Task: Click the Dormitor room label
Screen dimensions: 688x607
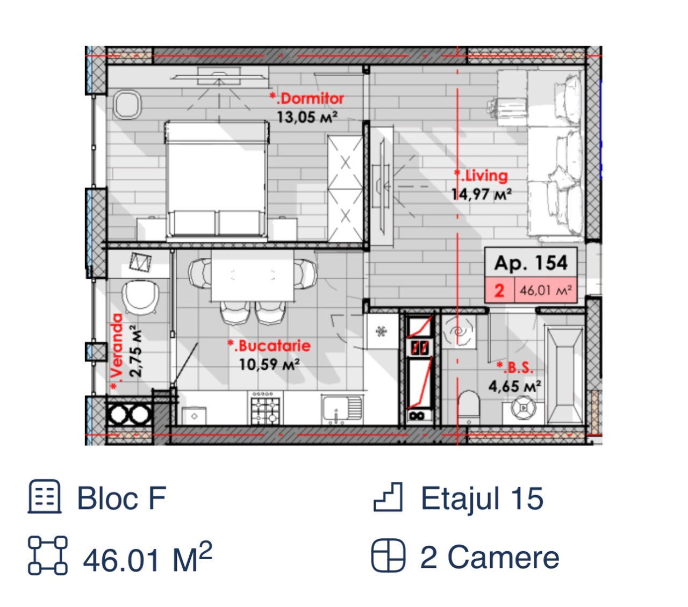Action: (306, 98)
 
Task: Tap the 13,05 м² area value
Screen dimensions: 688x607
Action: (307, 118)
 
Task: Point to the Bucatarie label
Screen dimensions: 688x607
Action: (269, 346)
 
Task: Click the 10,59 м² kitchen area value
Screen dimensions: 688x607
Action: (269, 365)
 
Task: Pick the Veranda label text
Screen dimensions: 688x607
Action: (116, 351)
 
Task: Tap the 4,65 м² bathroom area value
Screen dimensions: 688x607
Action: (514, 386)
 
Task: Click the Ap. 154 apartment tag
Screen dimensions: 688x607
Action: (531, 263)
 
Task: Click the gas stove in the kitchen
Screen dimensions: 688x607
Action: (265, 408)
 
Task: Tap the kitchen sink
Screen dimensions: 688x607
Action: (342, 410)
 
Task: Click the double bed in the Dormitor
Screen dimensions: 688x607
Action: (216, 179)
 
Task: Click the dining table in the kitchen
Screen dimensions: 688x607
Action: (252, 276)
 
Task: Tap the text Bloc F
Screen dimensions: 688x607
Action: (121, 498)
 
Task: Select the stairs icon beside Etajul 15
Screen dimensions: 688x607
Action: (388, 497)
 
